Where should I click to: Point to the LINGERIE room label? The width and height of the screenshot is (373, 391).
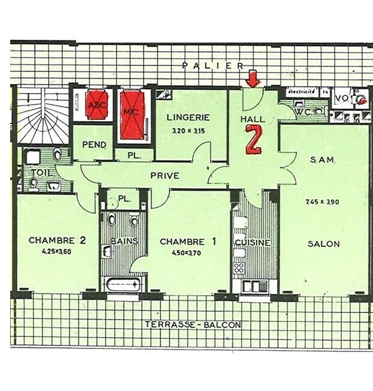(x=188, y=118)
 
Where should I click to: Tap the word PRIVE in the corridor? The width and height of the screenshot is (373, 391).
(x=165, y=176)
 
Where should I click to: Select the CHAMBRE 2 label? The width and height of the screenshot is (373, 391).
(x=57, y=240)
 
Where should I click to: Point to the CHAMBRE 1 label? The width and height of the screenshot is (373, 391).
(x=188, y=242)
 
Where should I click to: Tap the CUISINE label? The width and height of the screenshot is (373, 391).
(x=253, y=242)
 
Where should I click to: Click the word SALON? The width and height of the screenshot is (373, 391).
(x=324, y=243)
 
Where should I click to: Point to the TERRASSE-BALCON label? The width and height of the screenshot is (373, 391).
(x=193, y=325)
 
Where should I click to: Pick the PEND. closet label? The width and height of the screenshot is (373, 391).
(x=95, y=145)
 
